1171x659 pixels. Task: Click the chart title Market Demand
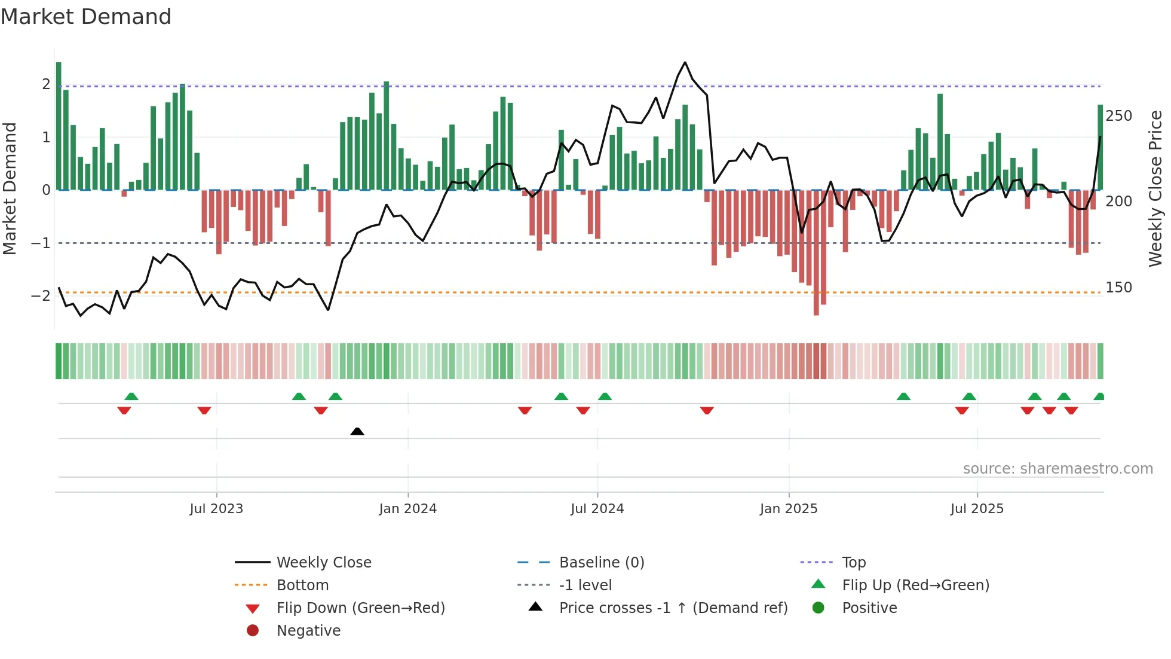coord(86,17)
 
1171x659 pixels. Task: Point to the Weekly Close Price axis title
coord(1155,188)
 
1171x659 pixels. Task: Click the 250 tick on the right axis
coord(1118,115)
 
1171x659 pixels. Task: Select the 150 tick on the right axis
coord(1118,287)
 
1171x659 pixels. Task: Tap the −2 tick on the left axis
coord(41,295)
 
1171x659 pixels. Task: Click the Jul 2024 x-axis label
coord(597,508)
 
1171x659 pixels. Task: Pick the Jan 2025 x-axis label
coord(788,508)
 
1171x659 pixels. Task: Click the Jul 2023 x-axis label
coord(216,508)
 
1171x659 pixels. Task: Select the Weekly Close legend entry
coord(323,562)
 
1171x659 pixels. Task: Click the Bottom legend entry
coord(302,585)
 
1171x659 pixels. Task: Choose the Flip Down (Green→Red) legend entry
coord(360,608)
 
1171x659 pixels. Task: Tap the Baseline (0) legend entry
coord(601,562)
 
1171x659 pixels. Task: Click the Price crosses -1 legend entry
coord(673,608)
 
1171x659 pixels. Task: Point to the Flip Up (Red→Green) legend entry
coord(915,585)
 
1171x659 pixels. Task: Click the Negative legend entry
coord(308,630)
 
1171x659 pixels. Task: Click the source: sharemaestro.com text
coord(1057,468)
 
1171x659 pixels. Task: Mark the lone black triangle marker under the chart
coord(357,431)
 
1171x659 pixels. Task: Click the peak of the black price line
coord(685,62)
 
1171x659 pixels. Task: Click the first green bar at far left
coord(59,126)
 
